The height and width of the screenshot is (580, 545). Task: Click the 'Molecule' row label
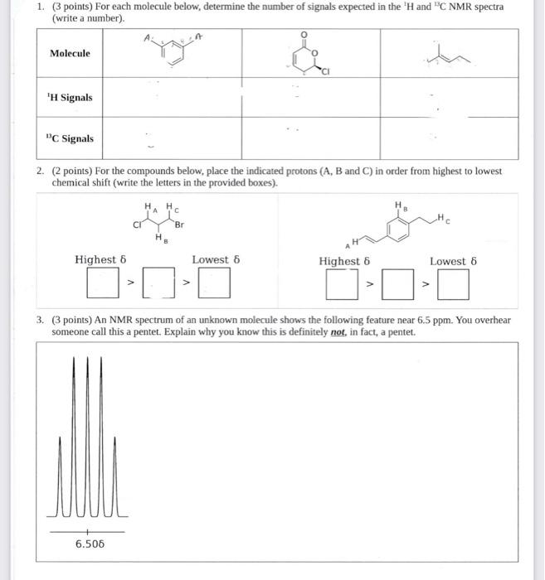70,54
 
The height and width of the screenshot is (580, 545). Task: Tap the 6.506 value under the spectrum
90,544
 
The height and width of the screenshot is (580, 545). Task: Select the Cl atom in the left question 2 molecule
137,224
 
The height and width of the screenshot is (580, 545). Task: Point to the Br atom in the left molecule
180,225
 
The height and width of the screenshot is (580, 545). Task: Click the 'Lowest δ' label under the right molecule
454,261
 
